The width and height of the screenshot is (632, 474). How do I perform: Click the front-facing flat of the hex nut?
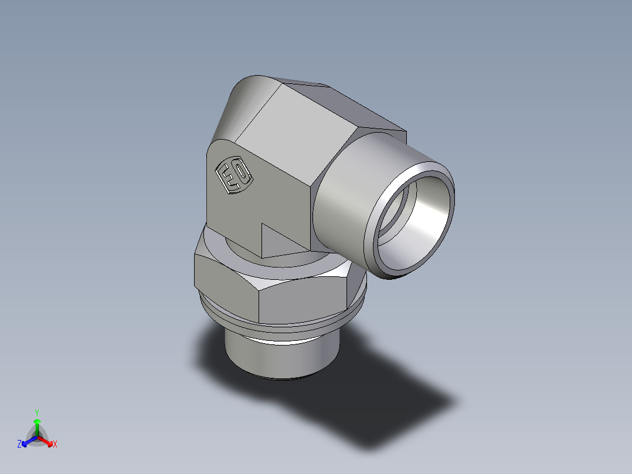click(x=305, y=299)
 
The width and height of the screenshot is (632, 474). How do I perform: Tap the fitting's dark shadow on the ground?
click(x=381, y=405)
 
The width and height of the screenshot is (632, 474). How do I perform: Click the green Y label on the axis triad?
click(x=36, y=412)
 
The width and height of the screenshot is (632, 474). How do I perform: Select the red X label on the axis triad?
click(x=55, y=445)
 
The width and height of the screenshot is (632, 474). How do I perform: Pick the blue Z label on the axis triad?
click(x=19, y=445)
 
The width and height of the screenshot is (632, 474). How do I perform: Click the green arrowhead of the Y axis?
click(x=37, y=421)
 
